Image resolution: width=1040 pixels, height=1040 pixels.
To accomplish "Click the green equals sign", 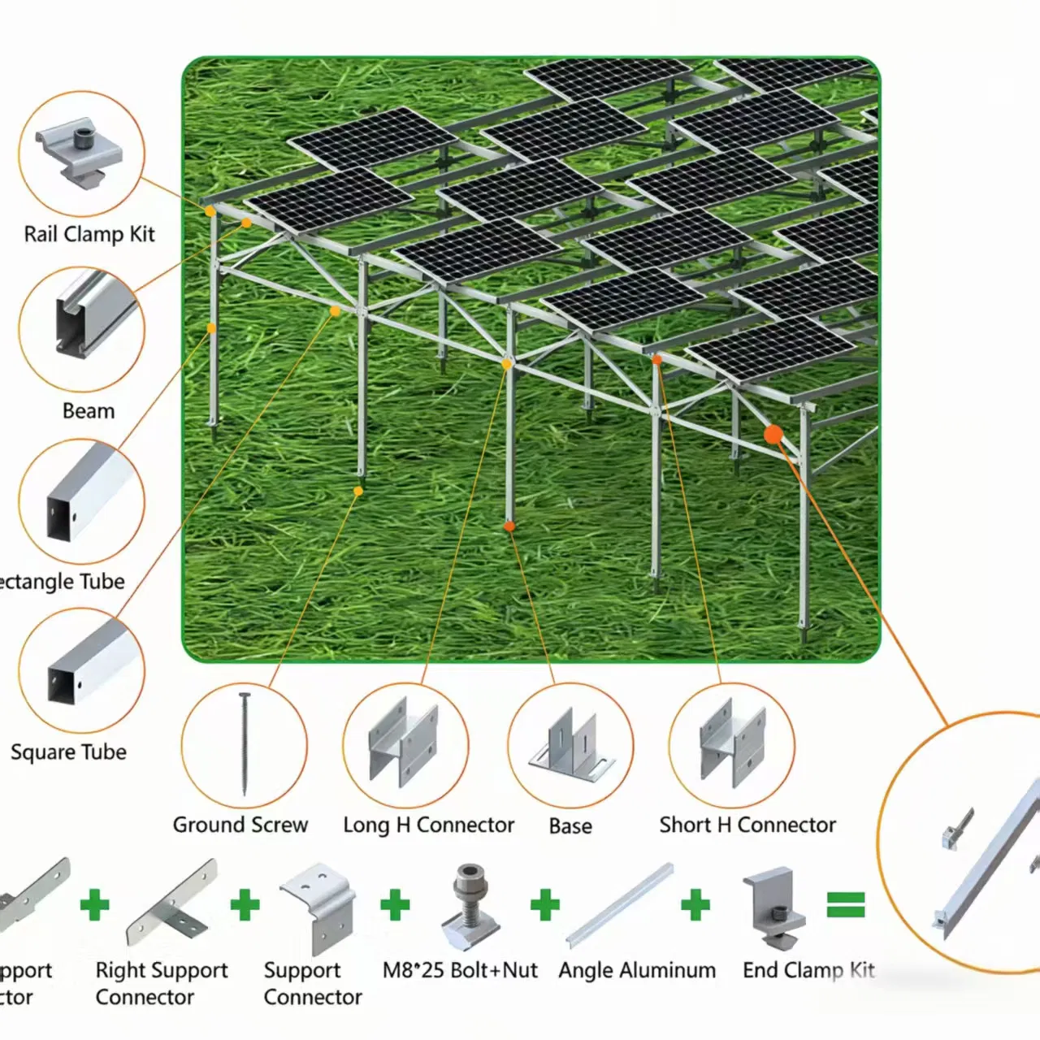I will [x=846, y=904].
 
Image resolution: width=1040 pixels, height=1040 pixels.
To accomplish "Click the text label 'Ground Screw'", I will [x=240, y=825].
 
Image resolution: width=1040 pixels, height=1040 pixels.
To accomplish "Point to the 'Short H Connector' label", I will [x=747, y=825].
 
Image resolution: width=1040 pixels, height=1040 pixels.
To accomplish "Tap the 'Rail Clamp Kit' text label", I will [x=89, y=235].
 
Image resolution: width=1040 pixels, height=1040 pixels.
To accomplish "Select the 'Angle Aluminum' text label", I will [x=637, y=970].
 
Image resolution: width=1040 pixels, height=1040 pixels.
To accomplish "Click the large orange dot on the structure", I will [x=773, y=435].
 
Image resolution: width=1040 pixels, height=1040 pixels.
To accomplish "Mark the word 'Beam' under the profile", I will [x=89, y=411].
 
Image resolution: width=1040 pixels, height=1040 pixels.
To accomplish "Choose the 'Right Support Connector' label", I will [x=161, y=983].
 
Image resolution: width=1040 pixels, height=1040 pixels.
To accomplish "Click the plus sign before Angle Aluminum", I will [x=545, y=904].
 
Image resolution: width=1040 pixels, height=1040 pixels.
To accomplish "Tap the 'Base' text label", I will [x=570, y=826].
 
